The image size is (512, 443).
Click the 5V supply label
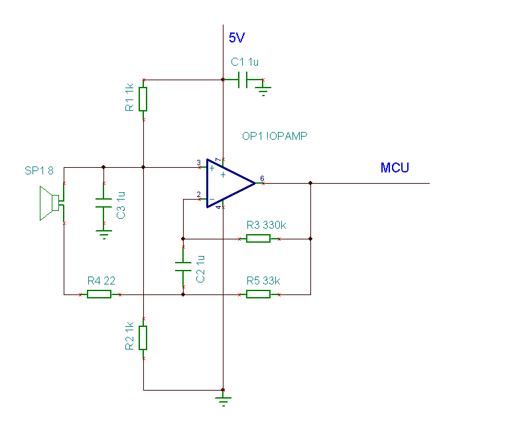pos(237,38)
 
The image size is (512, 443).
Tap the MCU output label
pos(395,168)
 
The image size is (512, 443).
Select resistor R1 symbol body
pos(143,99)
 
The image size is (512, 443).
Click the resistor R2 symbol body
pos(143,338)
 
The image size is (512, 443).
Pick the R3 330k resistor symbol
pos(258,239)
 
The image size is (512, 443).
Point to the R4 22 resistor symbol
pos(99,294)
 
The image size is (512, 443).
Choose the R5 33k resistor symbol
pos(258,294)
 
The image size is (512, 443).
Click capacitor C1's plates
pos(243,80)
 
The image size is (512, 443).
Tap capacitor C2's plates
pos(183,267)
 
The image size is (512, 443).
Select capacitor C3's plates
pos(103,203)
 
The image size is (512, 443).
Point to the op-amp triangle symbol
pos(231,183)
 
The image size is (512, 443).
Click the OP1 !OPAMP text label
pos(275,136)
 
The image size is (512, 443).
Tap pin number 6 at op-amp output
pos(262,178)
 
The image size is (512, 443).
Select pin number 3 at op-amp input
pos(198,162)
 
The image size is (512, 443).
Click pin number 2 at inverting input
pos(198,194)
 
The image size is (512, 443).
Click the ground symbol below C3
pos(104,234)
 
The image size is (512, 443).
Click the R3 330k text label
pos(266,225)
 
